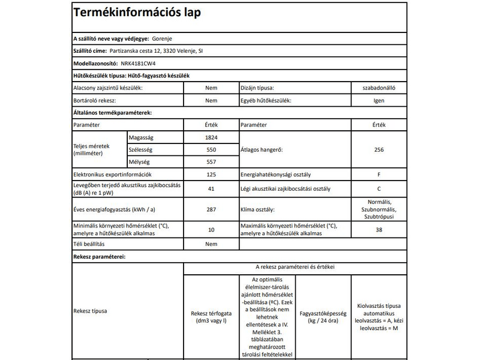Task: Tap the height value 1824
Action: coord(211,137)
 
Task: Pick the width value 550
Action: coord(211,150)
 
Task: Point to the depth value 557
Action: coord(211,162)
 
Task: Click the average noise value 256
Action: coord(377,150)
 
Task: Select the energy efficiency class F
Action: coord(378,175)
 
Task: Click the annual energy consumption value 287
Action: coord(211,209)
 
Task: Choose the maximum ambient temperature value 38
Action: coord(378,229)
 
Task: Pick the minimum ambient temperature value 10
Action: coord(211,229)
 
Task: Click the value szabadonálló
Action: coord(378,88)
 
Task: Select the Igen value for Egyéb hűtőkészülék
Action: coord(378,100)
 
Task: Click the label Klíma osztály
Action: coord(258,209)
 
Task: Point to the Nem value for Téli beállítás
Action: coord(211,244)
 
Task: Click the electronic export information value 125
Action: coord(211,175)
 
